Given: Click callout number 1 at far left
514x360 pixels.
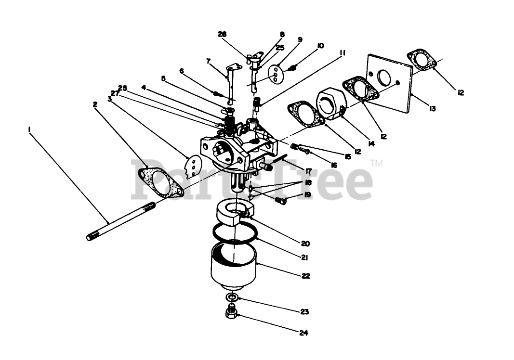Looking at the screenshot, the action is [30, 129].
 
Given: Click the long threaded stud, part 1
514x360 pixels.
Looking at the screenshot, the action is [120, 221].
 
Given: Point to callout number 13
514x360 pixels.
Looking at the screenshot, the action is [432, 109].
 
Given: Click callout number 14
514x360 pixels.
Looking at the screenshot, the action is [371, 143].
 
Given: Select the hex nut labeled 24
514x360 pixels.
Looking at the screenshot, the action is [231, 314].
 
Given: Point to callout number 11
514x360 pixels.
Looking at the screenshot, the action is [343, 52].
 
